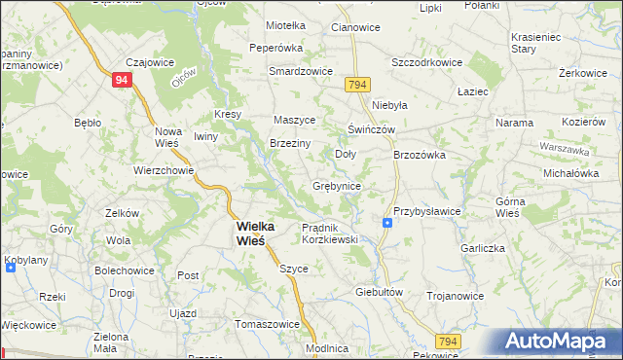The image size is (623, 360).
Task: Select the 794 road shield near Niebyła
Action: [x=356, y=85]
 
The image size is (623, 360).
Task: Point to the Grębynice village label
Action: [x=338, y=185]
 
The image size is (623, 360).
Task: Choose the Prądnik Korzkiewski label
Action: [x=330, y=233]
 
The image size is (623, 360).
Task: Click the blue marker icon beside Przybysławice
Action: [x=387, y=223]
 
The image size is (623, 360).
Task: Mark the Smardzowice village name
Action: [x=301, y=71]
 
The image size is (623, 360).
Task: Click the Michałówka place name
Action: [x=570, y=172]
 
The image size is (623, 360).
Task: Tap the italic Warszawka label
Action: [x=565, y=151]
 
